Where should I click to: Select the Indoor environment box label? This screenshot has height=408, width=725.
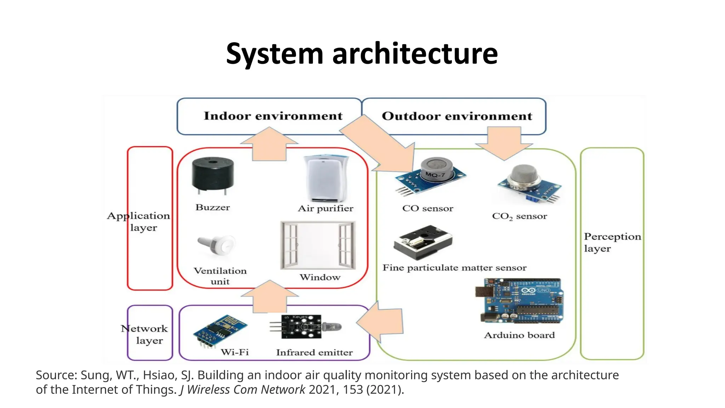tap(273, 116)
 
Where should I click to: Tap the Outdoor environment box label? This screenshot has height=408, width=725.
tap(457, 116)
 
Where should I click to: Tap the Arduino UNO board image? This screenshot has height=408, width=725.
tap(520, 301)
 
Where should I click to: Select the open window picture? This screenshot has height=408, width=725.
tap(318, 246)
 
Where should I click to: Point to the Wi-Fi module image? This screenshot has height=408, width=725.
tap(219, 330)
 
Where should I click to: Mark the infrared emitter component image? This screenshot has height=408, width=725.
tap(305, 326)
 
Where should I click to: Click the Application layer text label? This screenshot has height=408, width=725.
tap(139, 221)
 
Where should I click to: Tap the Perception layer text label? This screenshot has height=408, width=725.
tap(612, 242)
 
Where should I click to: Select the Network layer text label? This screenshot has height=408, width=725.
tap(144, 334)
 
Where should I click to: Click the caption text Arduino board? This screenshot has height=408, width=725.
tap(519, 335)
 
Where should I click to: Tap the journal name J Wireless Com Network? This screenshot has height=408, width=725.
tap(242, 390)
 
